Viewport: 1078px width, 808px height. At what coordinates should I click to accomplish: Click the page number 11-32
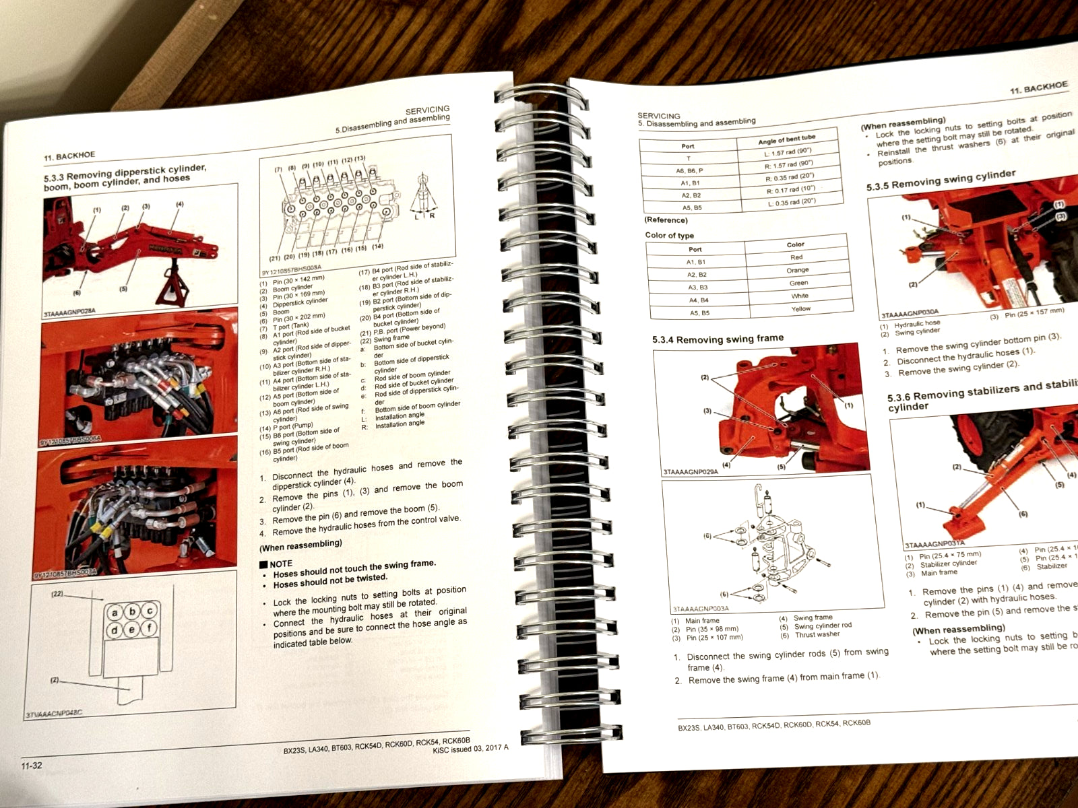[x=32, y=766]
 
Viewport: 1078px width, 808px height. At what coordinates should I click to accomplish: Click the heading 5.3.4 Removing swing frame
[x=718, y=339]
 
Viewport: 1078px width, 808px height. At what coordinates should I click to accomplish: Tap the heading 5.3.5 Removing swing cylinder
[x=940, y=180]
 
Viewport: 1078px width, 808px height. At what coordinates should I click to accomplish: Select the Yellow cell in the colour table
[x=800, y=309]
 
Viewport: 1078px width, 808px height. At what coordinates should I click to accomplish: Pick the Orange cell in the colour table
[x=797, y=270]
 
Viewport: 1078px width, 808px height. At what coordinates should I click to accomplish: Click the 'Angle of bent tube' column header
[x=786, y=140]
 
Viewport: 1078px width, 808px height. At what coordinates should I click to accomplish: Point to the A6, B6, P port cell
[x=689, y=170]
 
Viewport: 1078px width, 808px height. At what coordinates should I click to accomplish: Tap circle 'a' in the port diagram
[x=116, y=613]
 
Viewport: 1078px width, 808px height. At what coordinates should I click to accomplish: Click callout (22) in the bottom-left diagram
[x=57, y=594]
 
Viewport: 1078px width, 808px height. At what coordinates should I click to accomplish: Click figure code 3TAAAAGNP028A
[x=69, y=314]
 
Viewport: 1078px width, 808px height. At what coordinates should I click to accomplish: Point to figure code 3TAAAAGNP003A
[x=700, y=609]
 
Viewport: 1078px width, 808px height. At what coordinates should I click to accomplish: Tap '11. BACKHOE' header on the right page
[x=1038, y=88]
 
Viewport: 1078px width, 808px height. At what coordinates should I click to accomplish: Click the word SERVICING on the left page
[x=427, y=110]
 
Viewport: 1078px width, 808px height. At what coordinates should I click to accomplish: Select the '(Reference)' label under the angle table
[x=666, y=220]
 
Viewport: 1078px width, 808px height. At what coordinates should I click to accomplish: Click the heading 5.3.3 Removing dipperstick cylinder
[x=125, y=174]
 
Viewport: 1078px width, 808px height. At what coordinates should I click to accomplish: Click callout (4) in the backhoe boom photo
[x=179, y=204]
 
